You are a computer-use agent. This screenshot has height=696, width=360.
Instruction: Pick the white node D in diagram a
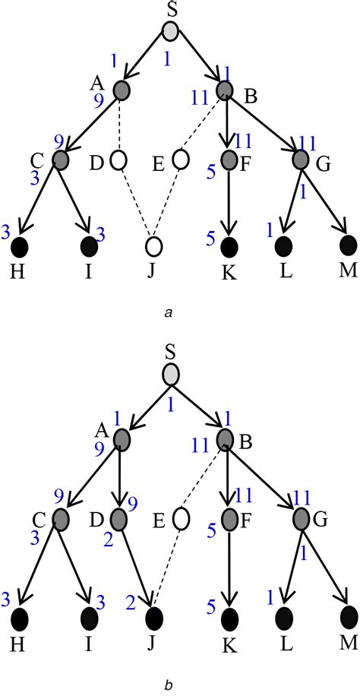(118, 160)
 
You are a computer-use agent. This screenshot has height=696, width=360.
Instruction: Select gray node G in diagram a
(301, 160)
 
